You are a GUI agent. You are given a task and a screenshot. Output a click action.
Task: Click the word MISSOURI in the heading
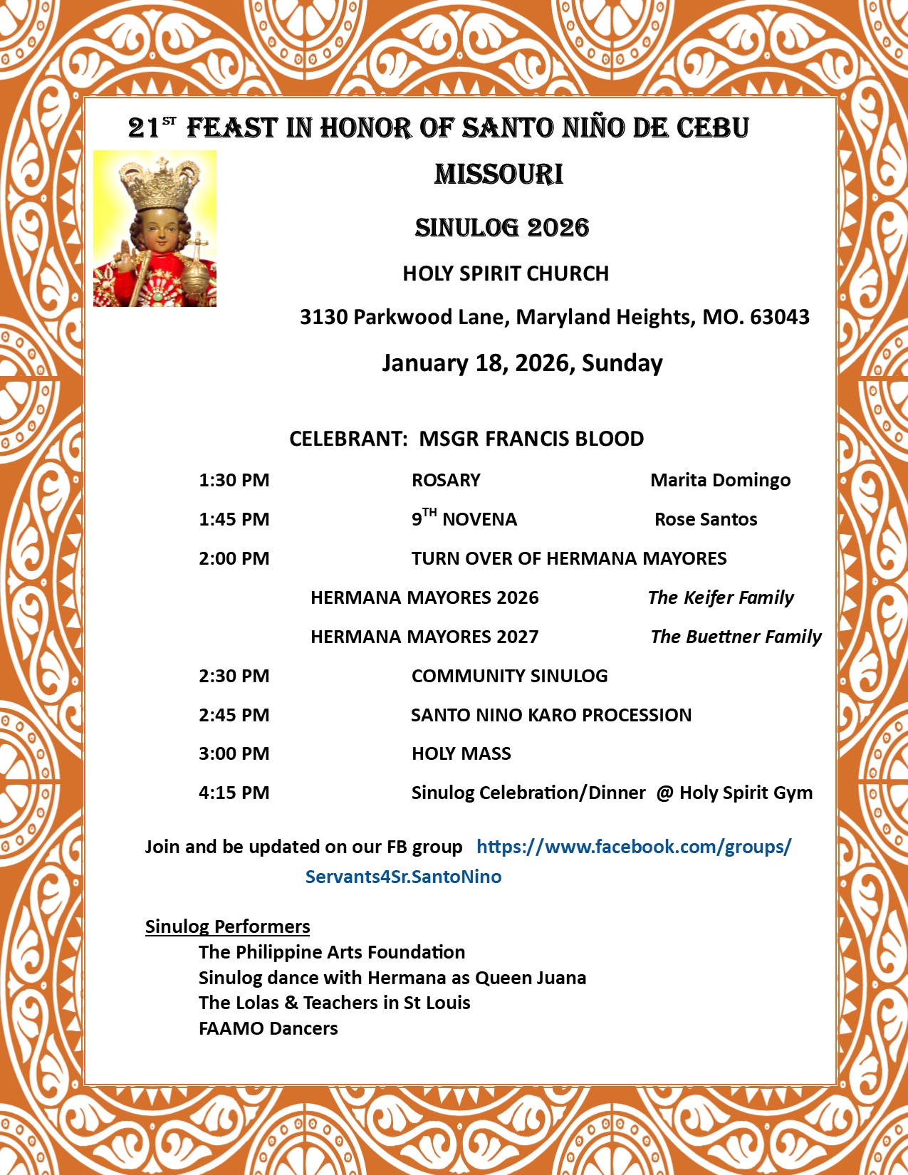pos(499,174)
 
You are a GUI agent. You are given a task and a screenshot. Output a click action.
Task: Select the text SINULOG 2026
pos(502,228)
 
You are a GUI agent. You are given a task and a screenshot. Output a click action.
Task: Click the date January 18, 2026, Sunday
pos(522,363)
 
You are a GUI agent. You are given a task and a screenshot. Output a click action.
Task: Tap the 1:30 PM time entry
pos(234,480)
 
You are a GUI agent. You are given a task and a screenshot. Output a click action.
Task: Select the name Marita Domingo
pos(720,480)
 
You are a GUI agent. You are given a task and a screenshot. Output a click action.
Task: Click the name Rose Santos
pos(706,519)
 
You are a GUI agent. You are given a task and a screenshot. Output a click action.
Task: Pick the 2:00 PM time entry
pos(234,558)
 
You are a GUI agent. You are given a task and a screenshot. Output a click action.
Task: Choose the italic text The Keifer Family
pos(721,597)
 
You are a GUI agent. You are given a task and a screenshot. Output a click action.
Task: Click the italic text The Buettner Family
pos(736,637)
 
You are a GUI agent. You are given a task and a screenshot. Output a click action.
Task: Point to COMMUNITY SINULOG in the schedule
pos(509,676)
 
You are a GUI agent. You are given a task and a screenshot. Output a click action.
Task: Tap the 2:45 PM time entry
pos(234,715)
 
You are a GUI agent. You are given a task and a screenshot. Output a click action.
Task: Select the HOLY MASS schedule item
pos(461,753)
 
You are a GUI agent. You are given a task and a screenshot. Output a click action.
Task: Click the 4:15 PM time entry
pos(234,793)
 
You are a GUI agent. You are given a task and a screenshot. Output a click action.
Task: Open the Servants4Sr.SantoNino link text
pos(403,877)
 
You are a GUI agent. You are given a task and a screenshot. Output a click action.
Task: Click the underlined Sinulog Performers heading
pos(227,926)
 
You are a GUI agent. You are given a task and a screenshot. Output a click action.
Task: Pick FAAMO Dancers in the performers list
pos(268,1028)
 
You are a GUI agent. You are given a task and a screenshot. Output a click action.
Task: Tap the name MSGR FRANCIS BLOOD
pos(531,439)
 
